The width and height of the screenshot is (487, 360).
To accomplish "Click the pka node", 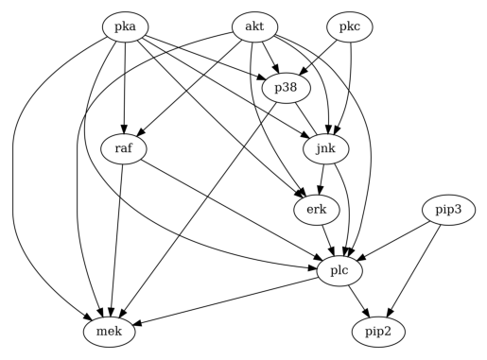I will pos(126,27).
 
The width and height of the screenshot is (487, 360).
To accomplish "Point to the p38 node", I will pos(286,88).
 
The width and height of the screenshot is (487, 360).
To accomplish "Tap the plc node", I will pos(340,271).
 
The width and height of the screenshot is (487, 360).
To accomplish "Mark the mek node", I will pos(113,332).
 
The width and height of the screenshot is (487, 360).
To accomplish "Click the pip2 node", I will pos(378,332).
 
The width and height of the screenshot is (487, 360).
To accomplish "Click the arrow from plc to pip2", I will pos(359,301).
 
